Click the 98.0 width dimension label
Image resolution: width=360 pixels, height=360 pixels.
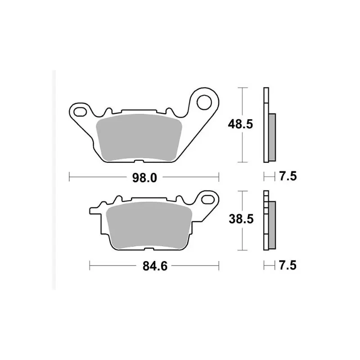pyautogui.click(x=144, y=178)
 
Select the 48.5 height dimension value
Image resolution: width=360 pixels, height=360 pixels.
pyautogui.click(x=240, y=124)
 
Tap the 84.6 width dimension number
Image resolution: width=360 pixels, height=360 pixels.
pyautogui.click(x=155, y=266)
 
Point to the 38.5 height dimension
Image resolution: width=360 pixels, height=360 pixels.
pyautogui.click(x=241, y=219)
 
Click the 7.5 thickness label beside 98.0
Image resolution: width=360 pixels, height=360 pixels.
pyautogui.click(x=288, y=176)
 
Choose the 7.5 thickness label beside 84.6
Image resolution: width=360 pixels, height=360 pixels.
pyautogui.click(x=288, y=265)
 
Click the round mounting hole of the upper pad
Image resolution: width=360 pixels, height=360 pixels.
pyautogui.click(x=204, y=102)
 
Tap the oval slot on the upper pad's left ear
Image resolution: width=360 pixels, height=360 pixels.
pyautogui.click(x=80, y=112)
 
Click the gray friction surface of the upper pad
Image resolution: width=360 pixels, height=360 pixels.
pyautogui.click(x=139, y=138)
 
